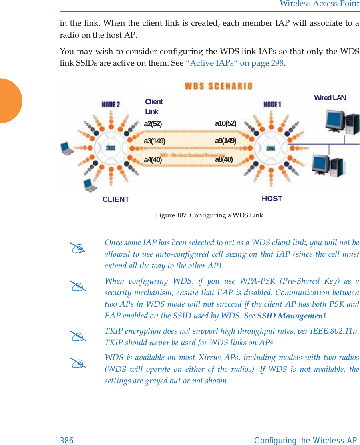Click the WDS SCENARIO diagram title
(218, 86)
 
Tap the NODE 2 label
(111, 105)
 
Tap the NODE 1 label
(272, 105)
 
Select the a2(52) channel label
(153, 124)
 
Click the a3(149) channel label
(154, 141)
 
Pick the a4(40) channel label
(153, 160)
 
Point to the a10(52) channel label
(225, 123)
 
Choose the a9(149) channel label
(225, 141)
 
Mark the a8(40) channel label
(224, 159)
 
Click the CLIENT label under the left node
(116, 199)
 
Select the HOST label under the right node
(272, 199)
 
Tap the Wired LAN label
(330, 98)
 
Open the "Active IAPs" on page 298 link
(235, 63)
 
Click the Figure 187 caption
(209, 215)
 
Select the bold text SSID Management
(292, 316)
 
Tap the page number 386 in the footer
(67, 440)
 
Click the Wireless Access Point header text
(319, 4)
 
